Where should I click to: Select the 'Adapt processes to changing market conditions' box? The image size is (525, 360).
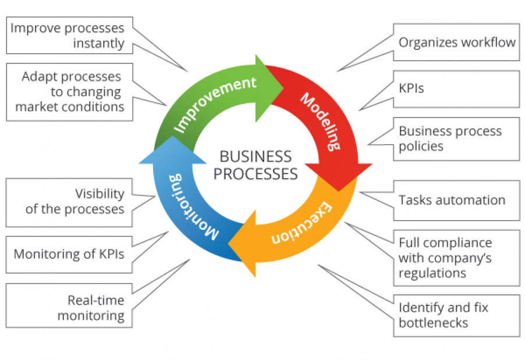(x=69, y=92)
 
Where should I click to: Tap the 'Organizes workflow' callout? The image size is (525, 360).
(x=456, y=42)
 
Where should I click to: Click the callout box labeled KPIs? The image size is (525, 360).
(x=456, y=89)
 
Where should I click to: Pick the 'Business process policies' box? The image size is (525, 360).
(x=456, y=139)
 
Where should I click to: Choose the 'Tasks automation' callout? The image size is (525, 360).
(x=456, y=200)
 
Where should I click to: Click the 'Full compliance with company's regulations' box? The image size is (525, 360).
(x=456, y=257)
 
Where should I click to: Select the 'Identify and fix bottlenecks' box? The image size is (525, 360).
(x=456, y=315)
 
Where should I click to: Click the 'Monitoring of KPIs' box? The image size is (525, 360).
(x=69, y=254)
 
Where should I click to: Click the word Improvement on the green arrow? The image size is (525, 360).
(x=215, y=105)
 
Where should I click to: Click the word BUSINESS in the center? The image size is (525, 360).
(x=256, y=156)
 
